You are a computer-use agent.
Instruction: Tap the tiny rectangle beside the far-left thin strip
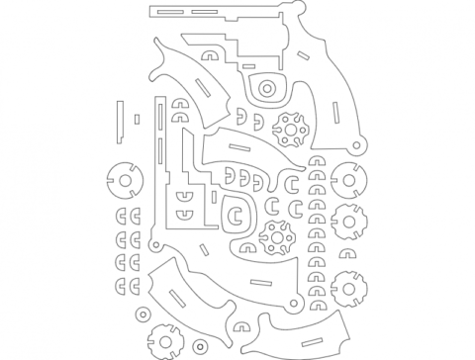tap(136, 120)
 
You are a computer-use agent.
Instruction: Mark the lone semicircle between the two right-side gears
tap(348, 254)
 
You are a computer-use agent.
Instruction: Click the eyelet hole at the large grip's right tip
tap(359, 144)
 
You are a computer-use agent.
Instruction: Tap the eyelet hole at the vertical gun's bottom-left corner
tap(154, 246)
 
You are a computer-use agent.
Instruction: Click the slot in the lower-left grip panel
tap(177, 295)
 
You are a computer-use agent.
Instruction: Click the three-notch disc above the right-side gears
tap(348, 182)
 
